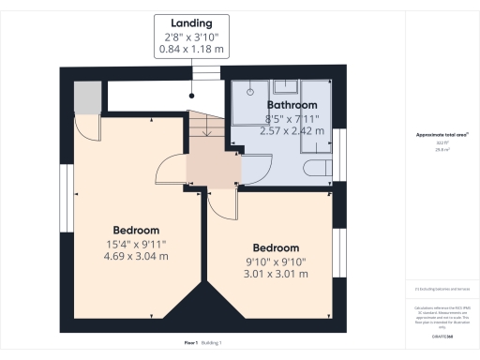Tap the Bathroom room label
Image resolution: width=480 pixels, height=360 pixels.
(292, 106)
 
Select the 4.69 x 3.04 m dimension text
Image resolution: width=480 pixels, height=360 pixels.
(136, 255)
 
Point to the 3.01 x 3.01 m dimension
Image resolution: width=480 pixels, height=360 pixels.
(276, 274)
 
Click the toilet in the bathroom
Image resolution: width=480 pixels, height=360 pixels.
(318, 169)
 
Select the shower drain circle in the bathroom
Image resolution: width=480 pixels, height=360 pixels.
(251, 92)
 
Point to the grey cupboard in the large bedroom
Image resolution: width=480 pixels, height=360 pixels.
(87, 97)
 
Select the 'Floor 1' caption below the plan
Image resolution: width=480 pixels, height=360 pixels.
(190, 343)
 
